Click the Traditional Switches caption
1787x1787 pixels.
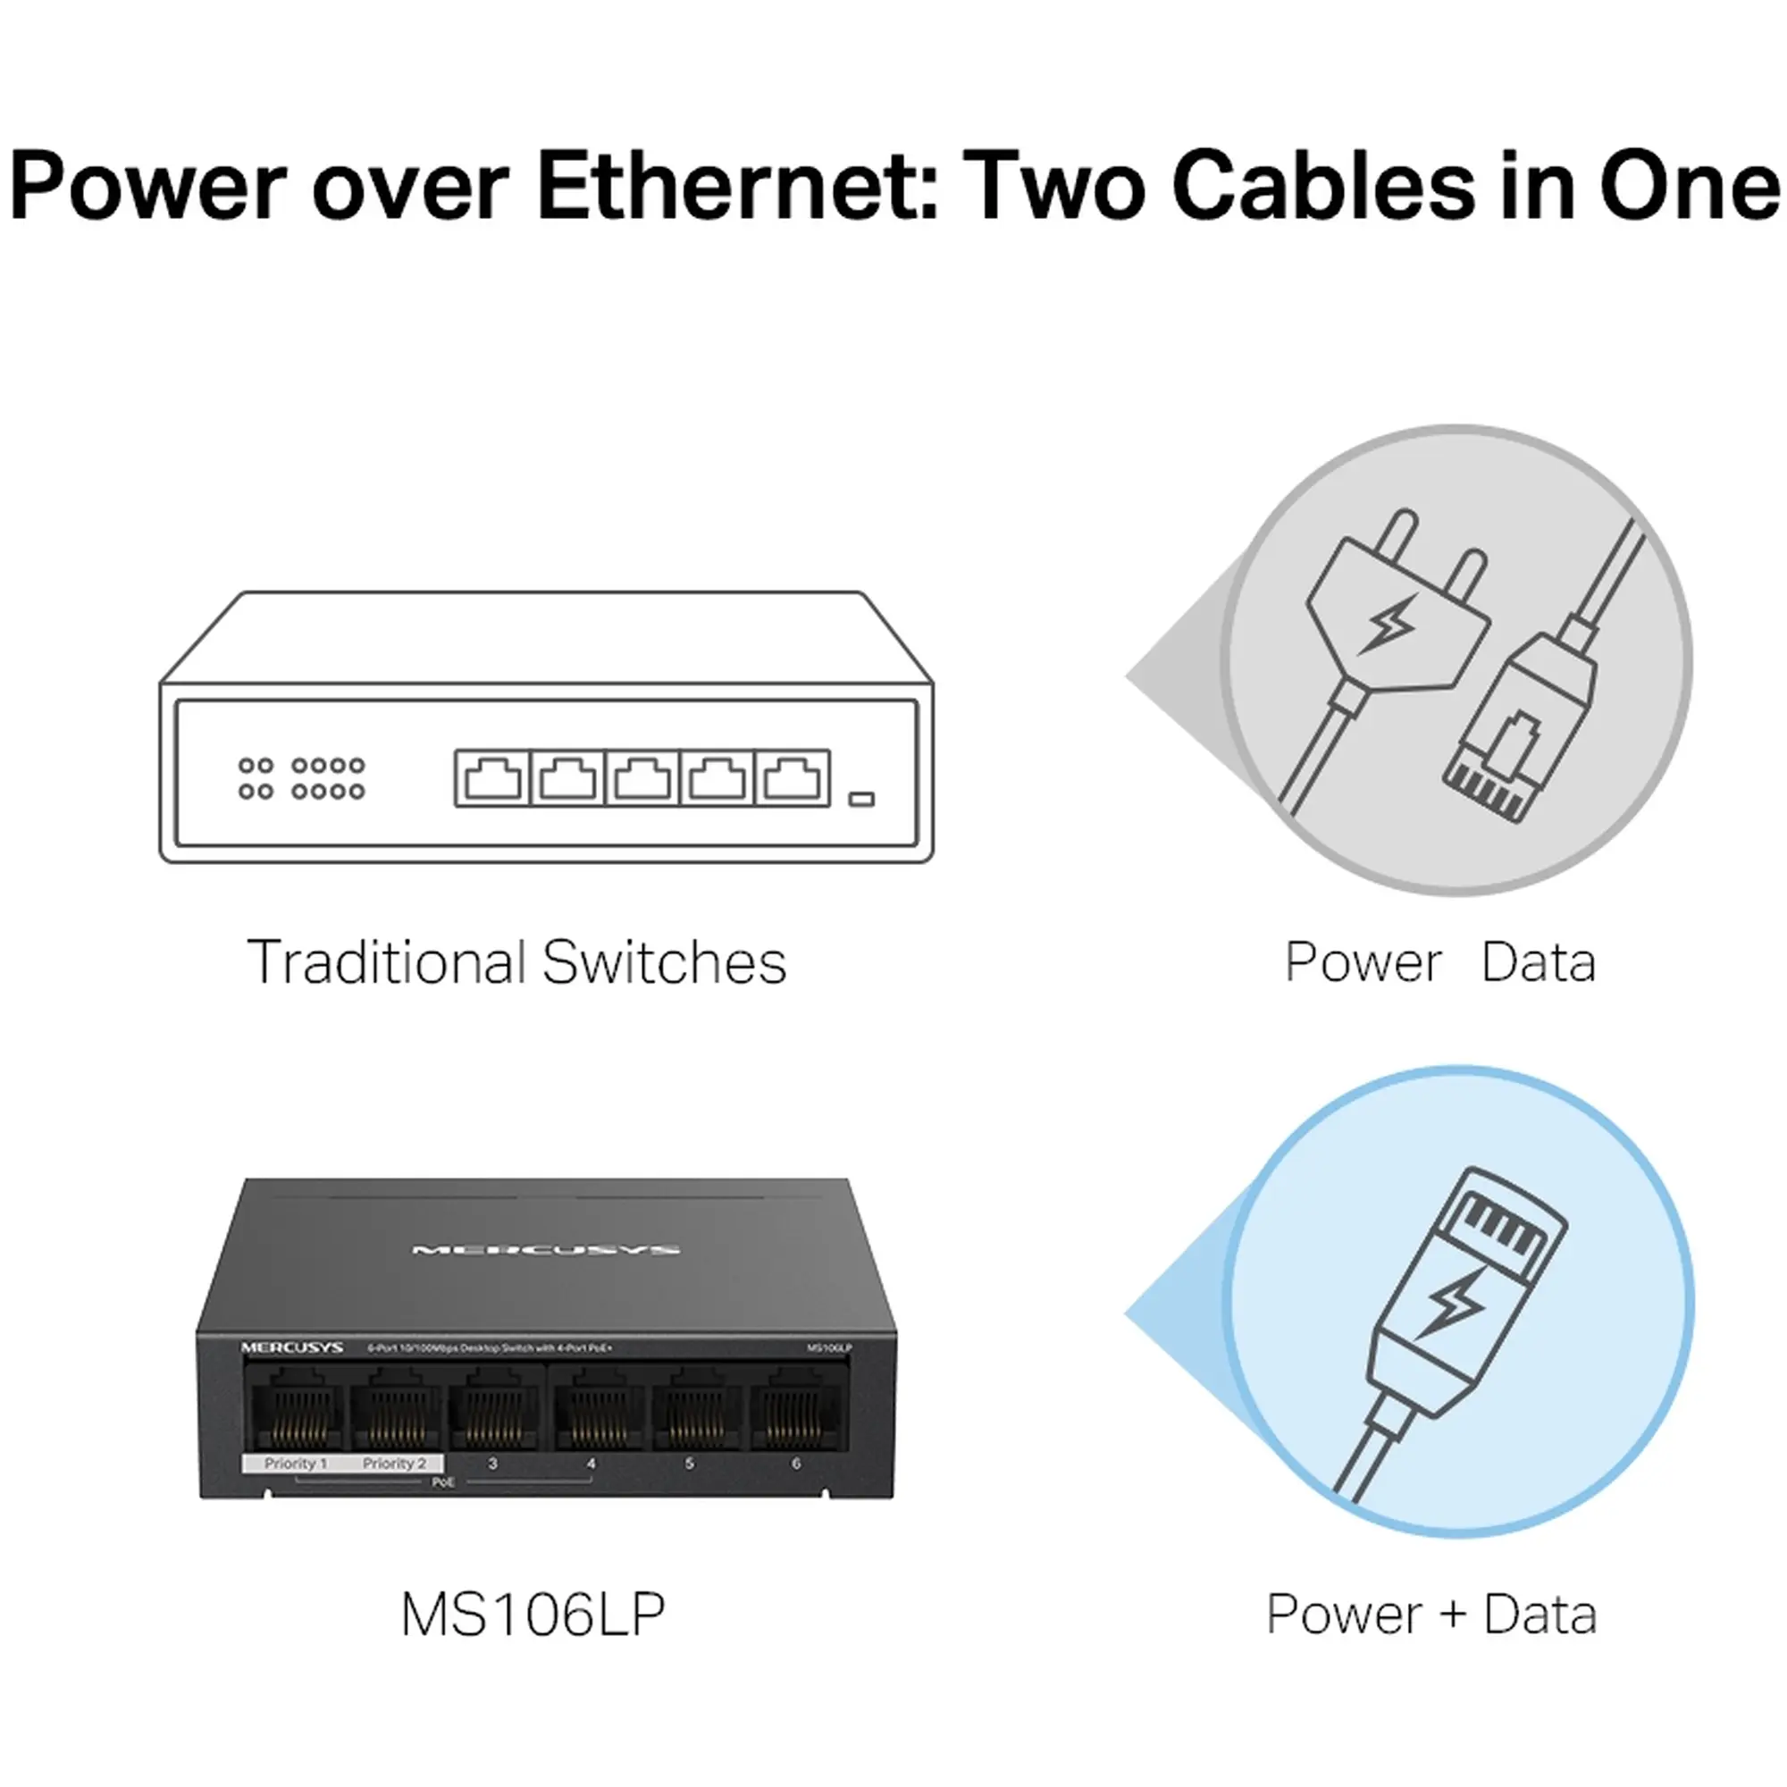[x=516, y=963]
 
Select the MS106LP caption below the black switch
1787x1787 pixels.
[x=533, y=1615]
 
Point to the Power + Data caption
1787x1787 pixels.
[x=1430, y=1615]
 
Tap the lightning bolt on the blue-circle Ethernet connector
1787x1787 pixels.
[x=1451, y=1305]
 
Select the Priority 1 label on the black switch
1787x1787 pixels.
[x=295, y=1464]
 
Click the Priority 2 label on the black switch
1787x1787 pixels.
[x=394, y=1464]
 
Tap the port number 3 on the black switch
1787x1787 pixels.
[x=493, y=1464]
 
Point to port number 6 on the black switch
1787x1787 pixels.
[x=795, y=1464]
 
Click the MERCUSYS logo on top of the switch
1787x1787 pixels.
[x=546, y=1251]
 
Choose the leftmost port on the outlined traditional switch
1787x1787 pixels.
[x=492, y=778]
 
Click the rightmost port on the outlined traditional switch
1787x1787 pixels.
[x=793, y=778]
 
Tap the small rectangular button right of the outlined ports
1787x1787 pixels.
[x=861, y=798]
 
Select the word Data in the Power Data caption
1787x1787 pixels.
[x=1539, y=963]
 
